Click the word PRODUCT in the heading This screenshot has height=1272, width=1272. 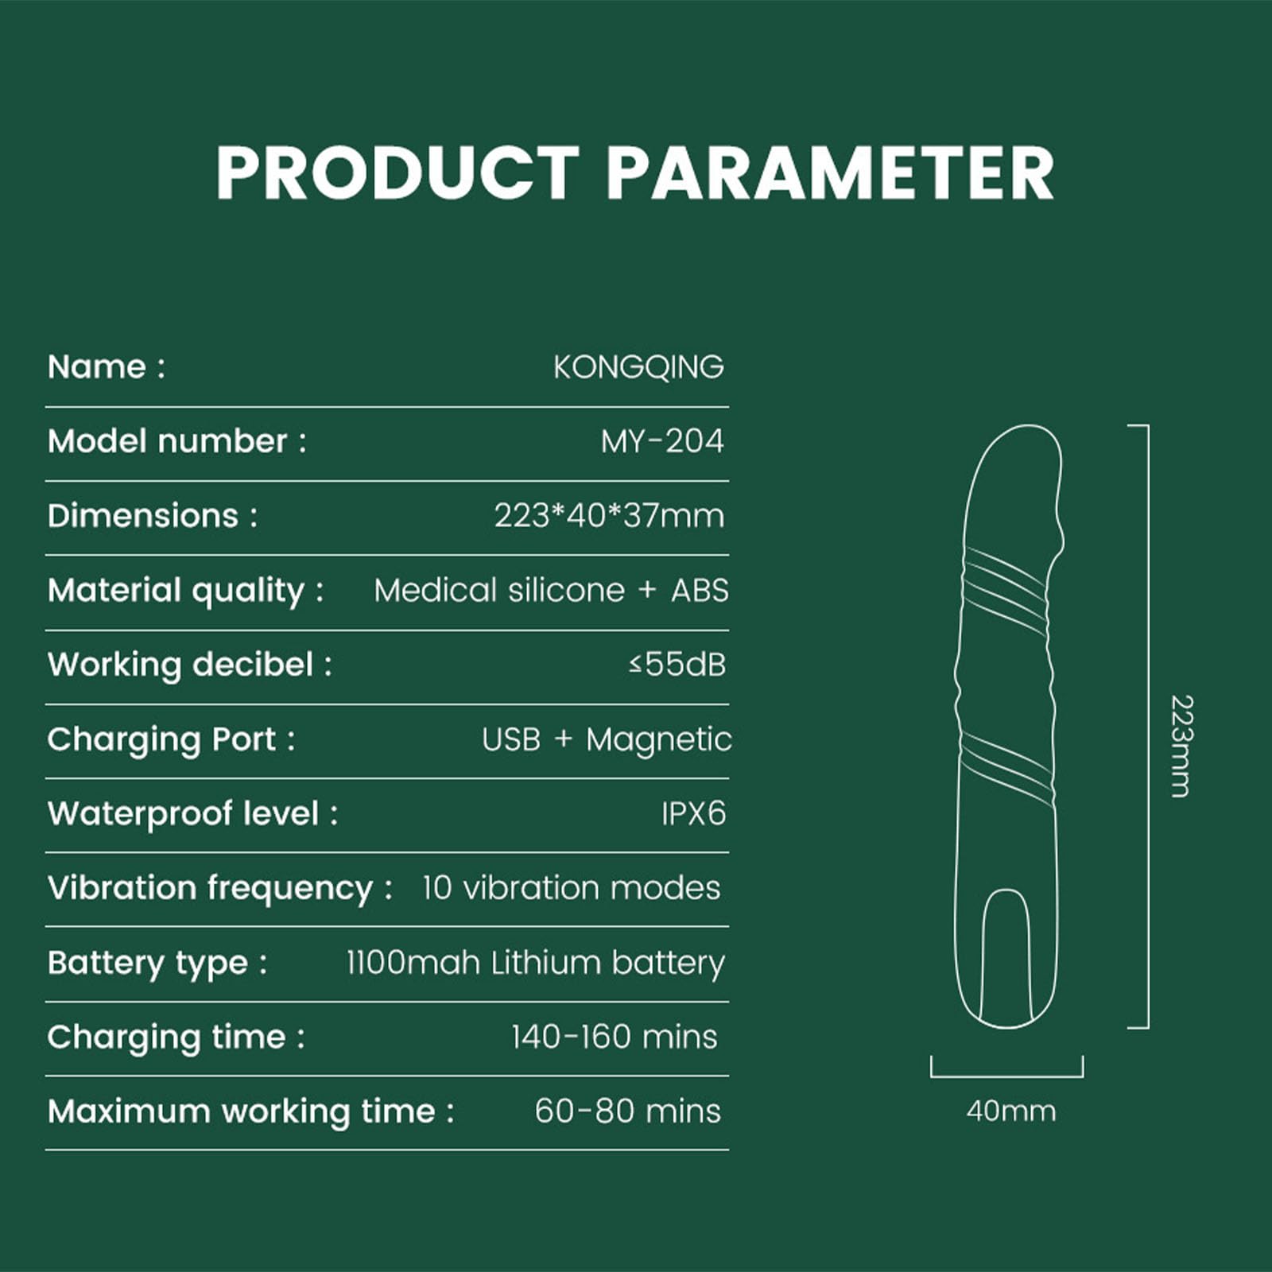(x=397, y=173)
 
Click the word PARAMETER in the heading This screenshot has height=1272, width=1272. (x=831, y=173)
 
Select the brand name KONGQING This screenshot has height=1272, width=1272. (x=638, y=367)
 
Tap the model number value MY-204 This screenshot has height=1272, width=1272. (x=662, y=441)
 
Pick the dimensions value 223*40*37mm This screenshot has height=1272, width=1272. (x=609, y=516)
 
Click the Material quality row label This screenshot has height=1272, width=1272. (x=185, y=591)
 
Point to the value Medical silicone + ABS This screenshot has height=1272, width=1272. (x=551, y=591)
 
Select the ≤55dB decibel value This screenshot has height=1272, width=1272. (x=677, y=665)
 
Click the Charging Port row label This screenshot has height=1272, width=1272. (x=171, y=740)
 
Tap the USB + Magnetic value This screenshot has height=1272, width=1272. (x=607, y=739)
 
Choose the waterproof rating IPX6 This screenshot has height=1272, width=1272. (x=693, y=814)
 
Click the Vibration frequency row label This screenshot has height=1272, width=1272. (x=219, y=889)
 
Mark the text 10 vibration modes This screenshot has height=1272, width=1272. (x=571, y=888)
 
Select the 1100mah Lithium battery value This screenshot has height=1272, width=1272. (x=535, y=963)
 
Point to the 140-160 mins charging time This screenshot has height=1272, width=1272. (x=614, y=1037)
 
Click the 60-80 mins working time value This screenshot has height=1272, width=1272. (x=627, y=1111)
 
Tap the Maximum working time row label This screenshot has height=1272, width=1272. (x=250, y=1112)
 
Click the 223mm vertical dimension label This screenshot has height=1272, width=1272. (x=1182, y=746)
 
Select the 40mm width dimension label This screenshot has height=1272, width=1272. (x=1011, y=1111)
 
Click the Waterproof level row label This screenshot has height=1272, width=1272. (x=192, y=814)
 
